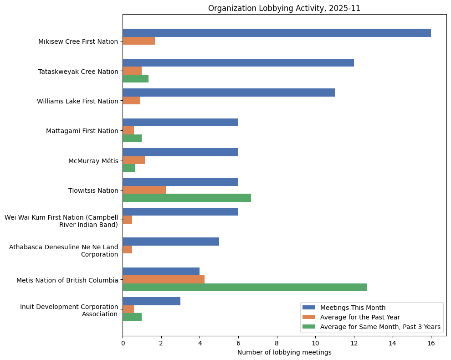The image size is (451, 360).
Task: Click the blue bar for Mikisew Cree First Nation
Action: pyautogui.click(x=277, y=33)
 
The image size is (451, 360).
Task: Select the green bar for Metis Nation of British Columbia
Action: pyautogui.click(x=245, y=288)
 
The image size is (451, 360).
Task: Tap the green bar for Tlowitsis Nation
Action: pyautogui.click(x=187, y=198)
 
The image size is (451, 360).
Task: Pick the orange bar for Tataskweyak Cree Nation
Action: pyautogui.click(x=132, y=71)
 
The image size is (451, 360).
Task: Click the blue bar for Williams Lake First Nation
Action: pyautogui.click(x=229, y=93)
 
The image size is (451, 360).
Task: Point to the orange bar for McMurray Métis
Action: pyautogui.click(x=133, y=160)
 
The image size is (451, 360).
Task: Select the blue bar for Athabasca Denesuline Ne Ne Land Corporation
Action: pyautogui.click(x=171, y=242)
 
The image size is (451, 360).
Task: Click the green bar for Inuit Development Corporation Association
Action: pyautogui.click(x=132, y=317)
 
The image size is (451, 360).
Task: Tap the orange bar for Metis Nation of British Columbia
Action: pyautogui.click(x=164, y=279)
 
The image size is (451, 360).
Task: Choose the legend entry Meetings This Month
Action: pyautogui.click(x=353, y=308)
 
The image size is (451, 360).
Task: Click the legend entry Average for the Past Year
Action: pyautogui.click(x=360, y=317)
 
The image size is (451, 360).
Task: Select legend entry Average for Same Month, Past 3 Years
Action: pyautogui.click(x=380, y=327)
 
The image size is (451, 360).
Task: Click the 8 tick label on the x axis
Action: pyautogui.click(x=277, y=343)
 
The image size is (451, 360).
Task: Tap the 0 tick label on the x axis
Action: pyautogui.click(x=123, y=343)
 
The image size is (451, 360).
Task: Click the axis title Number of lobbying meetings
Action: pyautogui.click(x=284, y=352)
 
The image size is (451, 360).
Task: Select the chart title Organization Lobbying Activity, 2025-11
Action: pyautogui.click(x=284, y=8)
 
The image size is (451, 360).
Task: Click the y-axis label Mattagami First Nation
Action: pyautogui.click(x=82, y=131)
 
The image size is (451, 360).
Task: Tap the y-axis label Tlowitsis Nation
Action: pyautogui.click(x=93, y=190)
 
